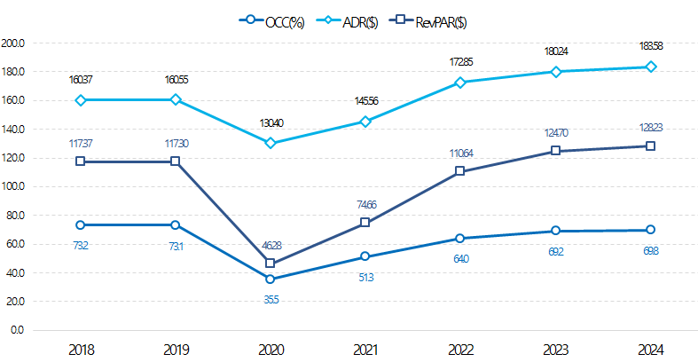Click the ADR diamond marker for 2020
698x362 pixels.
point(271,143)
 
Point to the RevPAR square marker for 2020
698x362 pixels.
point(271,264)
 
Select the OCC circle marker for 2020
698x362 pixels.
point(271,279)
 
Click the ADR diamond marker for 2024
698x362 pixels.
point(651,67)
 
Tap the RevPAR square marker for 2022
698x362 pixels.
point(460,171)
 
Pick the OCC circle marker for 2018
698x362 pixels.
point(80,225)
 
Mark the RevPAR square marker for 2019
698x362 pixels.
point(175,161)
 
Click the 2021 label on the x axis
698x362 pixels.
point(365,350)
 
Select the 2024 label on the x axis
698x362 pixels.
point(651,350)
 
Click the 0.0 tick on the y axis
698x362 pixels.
point(17,330)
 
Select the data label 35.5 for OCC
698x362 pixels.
point(271,300)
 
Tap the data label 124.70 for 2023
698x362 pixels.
point(555,132)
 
